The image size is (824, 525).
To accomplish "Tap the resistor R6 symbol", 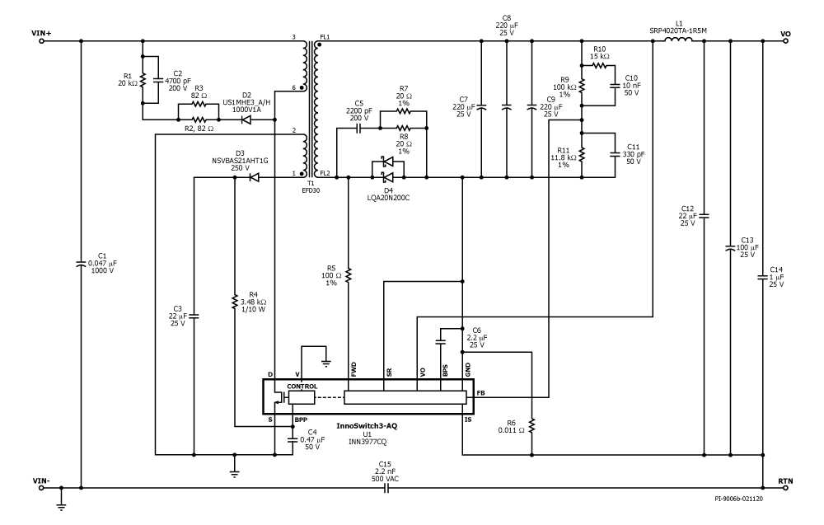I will point(532,425).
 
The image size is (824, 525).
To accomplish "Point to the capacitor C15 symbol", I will point(385,487).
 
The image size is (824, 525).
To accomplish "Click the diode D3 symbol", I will point(255,176).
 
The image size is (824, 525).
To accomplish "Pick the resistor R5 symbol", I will point(349,274).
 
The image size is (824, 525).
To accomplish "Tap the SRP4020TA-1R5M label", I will point(679,30).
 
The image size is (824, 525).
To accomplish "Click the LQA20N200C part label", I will point(388,199).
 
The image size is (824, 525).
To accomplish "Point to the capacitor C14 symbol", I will point(764,278).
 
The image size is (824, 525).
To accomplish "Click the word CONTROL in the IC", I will point(302,386).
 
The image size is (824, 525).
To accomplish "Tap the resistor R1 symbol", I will point(143,81).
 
